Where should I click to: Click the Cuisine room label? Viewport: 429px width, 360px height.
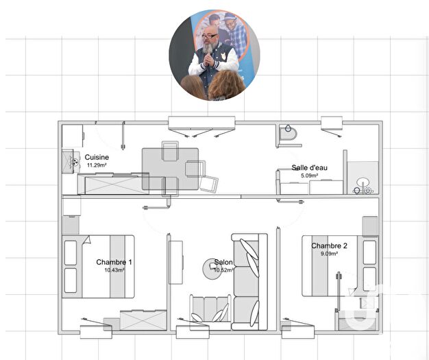pyautogui.click(x=97, y=157)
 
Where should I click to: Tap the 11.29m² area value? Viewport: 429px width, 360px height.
pyautogui.click(x=97, y=165)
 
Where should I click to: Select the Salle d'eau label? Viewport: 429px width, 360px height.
pyautogui.click(x=310, y=168)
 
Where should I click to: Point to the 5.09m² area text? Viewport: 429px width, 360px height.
pyautogui.click(x=310, y=176)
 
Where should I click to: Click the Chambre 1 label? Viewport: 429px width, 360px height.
pyautogui.click(x=114, y=262)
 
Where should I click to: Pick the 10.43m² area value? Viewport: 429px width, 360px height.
pyautogui.click(x=114, y=270)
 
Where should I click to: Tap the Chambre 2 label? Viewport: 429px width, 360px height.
pyautogui.click(x=329, y=246)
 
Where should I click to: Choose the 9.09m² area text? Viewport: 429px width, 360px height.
pyautogui.click(x=330, y=254)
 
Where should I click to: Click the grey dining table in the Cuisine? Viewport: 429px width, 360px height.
pyautogui.click(x=170, y=169)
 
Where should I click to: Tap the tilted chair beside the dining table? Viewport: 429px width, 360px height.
pyautogui.click(x=209, y=184)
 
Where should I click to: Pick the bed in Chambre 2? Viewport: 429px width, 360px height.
pyautogui.click(x=339, y=266)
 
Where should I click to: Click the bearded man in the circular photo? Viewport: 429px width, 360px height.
pyautogui.click(x=208, y=58)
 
